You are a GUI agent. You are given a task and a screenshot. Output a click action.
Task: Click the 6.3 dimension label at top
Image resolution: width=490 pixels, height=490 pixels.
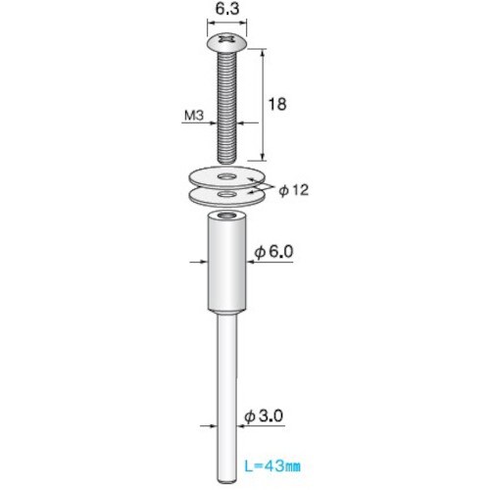point(227,9)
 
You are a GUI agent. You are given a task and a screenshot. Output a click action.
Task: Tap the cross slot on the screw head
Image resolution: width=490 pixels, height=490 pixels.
point(226,39)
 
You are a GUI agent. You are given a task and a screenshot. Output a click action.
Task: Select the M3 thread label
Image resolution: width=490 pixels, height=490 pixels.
point(194,115)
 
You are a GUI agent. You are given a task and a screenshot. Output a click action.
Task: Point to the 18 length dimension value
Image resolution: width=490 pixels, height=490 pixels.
point(277,104)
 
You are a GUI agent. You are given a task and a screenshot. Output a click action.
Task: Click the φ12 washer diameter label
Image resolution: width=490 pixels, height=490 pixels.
point(293,190)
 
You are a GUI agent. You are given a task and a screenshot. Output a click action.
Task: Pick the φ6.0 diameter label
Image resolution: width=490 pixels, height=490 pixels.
point(273,252)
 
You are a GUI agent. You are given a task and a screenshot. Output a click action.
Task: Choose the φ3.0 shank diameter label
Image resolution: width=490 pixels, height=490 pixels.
point(264,416)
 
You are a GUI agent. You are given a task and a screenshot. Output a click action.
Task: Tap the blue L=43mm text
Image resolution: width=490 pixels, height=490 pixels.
point(272,466)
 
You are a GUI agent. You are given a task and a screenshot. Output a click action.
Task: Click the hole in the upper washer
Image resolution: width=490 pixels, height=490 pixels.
point(227,176)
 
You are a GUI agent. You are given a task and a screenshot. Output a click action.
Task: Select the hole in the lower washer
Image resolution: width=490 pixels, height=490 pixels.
point(227,195)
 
